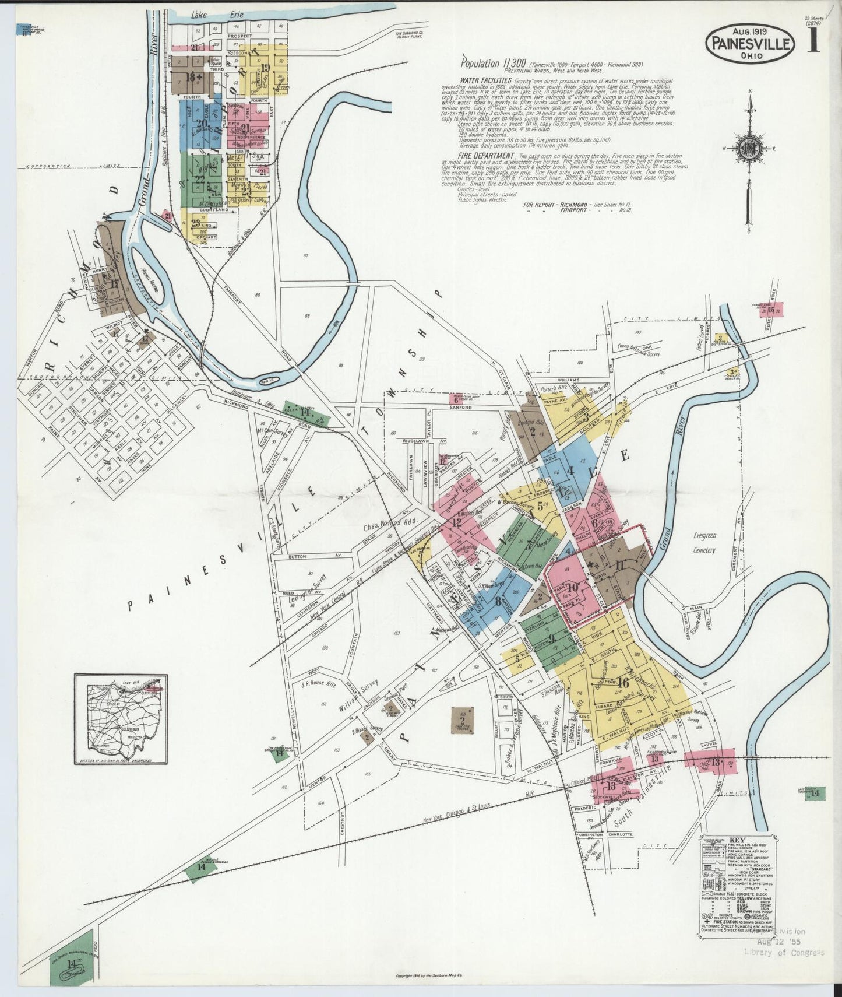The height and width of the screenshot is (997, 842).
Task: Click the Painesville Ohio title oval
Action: (x=751, y=43)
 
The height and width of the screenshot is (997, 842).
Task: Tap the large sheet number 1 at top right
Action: (x=813, y=41)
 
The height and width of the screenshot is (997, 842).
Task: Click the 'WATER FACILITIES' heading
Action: (x=485, y=80)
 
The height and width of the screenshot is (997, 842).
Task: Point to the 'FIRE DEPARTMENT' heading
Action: (x=486, y=156)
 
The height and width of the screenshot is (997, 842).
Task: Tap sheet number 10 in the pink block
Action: (x=572, y=587)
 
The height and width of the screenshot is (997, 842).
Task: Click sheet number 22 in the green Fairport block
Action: (x=200, y=179)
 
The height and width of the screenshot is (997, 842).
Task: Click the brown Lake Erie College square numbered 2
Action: (x=463, y=721)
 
